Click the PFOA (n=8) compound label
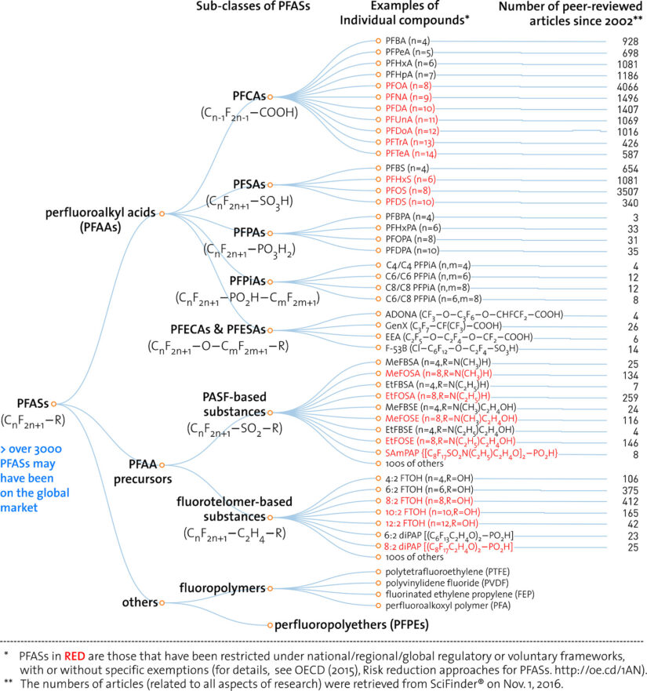point(407,85)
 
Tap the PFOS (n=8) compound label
point(406,191)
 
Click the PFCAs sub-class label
point(250,96)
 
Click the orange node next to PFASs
point(54,404)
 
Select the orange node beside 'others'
point(162,603)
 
